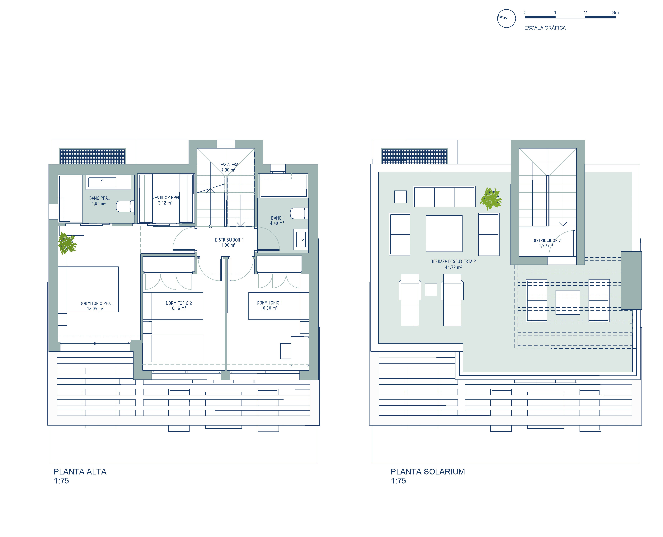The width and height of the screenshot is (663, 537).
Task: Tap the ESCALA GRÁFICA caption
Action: [x=545, y=28]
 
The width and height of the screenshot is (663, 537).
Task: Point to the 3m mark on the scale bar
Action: [x=615, y=13]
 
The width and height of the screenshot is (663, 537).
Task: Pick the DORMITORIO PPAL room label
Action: [x=96, y=304]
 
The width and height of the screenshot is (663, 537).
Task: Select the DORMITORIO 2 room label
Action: [x=179, y=303]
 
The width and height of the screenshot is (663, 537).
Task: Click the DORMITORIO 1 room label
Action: [x=270, y=303]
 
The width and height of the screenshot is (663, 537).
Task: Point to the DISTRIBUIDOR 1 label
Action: [x=229, y=240]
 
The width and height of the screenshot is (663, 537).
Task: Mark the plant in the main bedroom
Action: [x=67, y=243]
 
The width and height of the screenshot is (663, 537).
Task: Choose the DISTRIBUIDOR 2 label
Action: [x=547, y=240]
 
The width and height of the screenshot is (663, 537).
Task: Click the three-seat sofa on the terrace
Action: [x=444, y=197]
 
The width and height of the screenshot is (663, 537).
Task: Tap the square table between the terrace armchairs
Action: [x=444, y=233]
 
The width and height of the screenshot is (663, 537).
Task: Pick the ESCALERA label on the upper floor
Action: [x=229, y=165]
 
